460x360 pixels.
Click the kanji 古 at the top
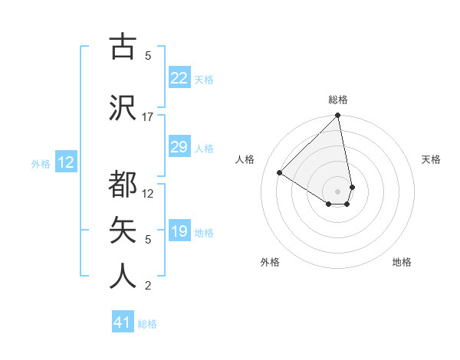(123, 47)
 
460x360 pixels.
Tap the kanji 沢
(123, 108)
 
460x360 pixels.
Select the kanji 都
(123, 185)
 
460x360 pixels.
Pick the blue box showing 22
(179, 78)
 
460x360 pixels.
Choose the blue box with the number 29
(179, 147)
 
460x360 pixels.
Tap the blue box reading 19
(179, 231)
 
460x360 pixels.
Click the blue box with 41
(123, 322)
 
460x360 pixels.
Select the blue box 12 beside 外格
(65, 162)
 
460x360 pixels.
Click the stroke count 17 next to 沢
(148, 117)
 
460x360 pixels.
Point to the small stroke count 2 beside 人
(148, 286)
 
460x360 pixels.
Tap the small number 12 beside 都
(148, 194)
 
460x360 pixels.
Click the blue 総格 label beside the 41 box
(147, 324)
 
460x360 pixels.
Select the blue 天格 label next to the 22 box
(204, 79)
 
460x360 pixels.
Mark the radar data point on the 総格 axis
(337, 116)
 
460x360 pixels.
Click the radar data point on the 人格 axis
(280, 173)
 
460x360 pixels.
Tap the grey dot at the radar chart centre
(337, 190)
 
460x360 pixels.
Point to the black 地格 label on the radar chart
(402, 262)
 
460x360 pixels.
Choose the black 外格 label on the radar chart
(270, 262)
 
